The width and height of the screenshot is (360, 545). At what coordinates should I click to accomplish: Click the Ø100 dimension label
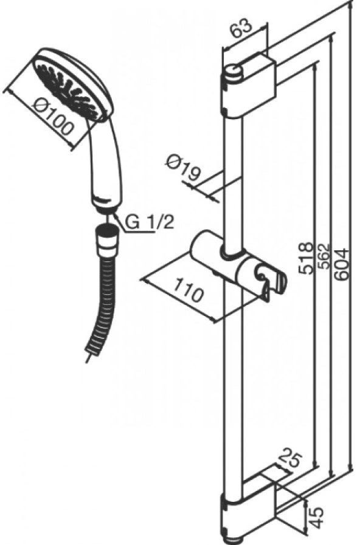click(54, 117)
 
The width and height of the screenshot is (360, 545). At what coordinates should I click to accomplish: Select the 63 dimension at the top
click(242, 28)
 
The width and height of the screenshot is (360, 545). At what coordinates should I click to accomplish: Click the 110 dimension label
click(188, 290)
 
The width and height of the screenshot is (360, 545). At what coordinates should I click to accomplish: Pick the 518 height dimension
click(306, 259)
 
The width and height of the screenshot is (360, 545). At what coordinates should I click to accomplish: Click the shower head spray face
click(66, 88)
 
